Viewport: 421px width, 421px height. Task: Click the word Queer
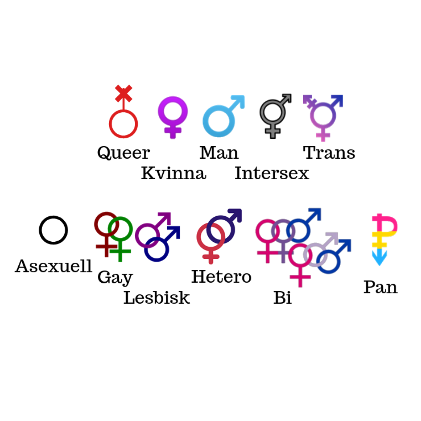point(123,153)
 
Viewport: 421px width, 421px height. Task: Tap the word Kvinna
point(173,173)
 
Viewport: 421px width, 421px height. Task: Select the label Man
point(219,153)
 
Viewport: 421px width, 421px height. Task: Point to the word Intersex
point(272,173)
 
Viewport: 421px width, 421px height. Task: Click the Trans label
point(329,153)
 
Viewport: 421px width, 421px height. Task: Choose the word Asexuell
point(53,267)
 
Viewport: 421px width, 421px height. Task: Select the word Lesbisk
point(157,298)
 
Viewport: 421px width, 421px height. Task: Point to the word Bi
point(282,298)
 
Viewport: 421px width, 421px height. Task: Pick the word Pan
point(380,287)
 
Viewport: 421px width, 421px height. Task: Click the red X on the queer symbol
point(124,94)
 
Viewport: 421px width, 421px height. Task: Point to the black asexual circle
point(53,230)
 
